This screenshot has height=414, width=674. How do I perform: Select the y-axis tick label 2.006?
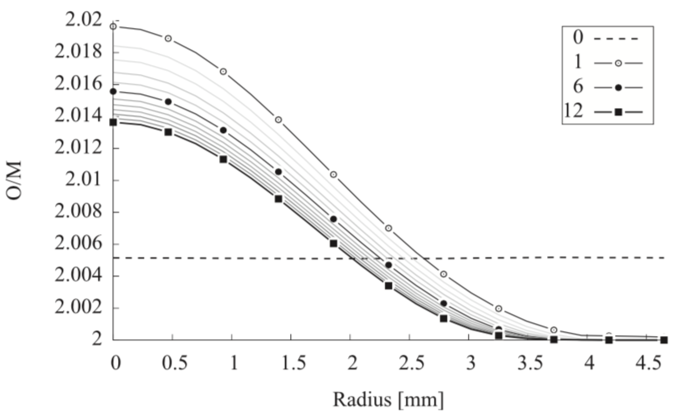[x=78, y=244]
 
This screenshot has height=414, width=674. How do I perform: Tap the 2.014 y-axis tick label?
[x=78, y=117]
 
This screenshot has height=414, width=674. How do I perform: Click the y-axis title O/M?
[x=14, y=181]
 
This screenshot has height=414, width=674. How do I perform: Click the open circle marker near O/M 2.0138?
[x=278, y=120]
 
